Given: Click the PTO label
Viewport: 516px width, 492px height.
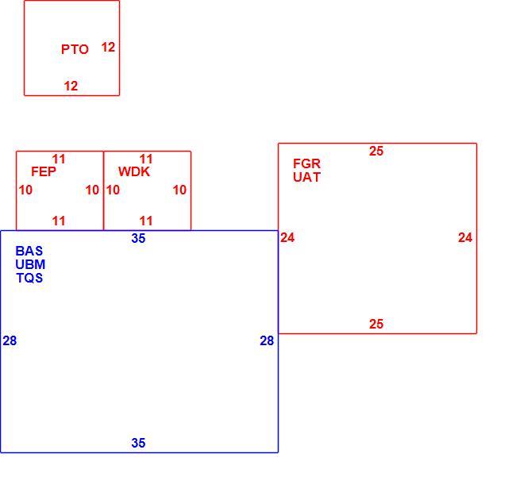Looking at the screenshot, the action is pyautogui.click(x=75, y=49).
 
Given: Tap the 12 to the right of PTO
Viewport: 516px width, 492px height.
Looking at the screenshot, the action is pyautogui.click(x=108, y=47).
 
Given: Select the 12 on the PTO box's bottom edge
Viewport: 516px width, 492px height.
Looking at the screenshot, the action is pyautogui.click(x=71, y=86).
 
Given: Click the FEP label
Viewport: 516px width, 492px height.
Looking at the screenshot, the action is pyautogui.click(x=44, y=171).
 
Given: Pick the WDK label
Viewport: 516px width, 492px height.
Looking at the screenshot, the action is pyautogui.click(x=134, y=171).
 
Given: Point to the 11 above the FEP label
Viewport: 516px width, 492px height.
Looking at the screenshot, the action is pyautogui.click(x=59, y=159).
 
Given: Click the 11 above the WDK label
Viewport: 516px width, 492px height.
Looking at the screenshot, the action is pyautogui.click(x=146, y=159).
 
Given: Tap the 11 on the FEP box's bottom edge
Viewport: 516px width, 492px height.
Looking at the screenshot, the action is pyautogui.click(x=59, y=221).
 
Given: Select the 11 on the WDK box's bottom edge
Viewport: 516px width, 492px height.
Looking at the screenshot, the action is pyautogui.click(x=146, y=221).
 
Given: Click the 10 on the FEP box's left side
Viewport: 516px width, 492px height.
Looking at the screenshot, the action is pyautogui.click(x=25, y=190).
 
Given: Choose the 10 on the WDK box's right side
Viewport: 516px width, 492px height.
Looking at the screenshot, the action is pyautogui.click(x=179, y=190).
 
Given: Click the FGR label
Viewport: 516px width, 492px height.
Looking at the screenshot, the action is pyautogui.click(x=306, y=163).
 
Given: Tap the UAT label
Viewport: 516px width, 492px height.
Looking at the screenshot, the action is pyautogui.click(x=306, y=177).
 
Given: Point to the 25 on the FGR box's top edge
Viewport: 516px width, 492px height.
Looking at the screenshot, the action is pyautogui.click(x=376, y=151).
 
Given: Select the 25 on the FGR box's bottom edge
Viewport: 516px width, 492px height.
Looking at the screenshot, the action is pyautogui.click(x=376, y=324).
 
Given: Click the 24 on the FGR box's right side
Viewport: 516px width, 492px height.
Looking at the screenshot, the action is pyautogui.click(x=465, y=237).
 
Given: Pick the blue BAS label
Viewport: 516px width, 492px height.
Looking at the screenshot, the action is pyautogui.click(x=29, y=251).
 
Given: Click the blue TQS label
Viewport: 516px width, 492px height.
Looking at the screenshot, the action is pyautogui.click(x=29, y=278).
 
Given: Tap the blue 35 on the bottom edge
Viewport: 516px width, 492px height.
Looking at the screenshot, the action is pyautogui.click(x=138, y=443).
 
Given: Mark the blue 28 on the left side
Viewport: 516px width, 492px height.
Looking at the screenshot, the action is pyautogui.click(x=10, y=340).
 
